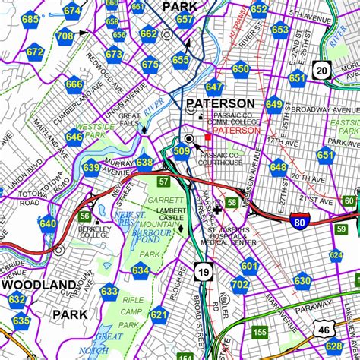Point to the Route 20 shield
pyautogui.click(x=322, y=71)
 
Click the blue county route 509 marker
pyautogui.click(x=181, y=152)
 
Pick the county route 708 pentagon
pyautogui.click(x=65, y=36)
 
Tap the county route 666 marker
pyautogui.click(x=74, y=85)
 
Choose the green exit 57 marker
pyautogui.click(x=163, y=182)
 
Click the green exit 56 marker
pyautogui.click(x=84, y=216)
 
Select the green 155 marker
pyautogui.click(x=260, y=332)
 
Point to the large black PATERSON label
pyautogui.click(x=220, y=103)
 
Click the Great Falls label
pyautogui.click(x=129, y=120)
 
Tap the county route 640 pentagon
pyautogui.click(x=48, y=223)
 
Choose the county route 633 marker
pyautogui.click(x=109, y=291)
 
